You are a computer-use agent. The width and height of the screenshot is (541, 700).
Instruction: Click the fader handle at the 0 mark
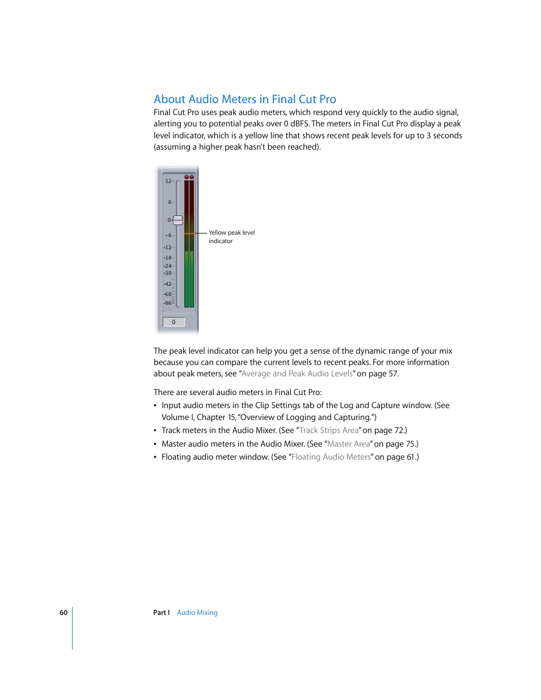178,220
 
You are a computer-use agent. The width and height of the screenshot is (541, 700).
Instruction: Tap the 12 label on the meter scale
168,181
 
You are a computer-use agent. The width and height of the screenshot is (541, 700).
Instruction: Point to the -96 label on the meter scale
167,303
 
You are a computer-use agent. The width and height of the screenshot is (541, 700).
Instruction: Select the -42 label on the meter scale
167,284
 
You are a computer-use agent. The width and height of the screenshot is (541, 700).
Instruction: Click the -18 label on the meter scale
167,258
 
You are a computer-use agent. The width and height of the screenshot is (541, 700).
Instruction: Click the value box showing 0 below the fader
174,322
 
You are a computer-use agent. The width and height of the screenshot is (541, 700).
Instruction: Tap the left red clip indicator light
187,177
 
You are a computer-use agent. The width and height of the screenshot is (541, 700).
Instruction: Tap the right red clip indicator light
192,177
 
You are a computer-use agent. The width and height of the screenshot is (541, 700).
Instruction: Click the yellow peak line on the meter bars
189,233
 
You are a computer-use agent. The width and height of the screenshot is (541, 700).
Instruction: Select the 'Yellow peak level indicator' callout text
231,237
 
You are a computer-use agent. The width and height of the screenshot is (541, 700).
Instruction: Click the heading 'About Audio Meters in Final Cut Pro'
244,99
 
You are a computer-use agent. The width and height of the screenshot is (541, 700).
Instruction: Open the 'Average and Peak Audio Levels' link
297,374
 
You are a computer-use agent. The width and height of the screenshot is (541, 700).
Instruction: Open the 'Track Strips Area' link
329,431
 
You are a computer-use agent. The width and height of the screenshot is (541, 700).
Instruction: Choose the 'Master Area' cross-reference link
348,444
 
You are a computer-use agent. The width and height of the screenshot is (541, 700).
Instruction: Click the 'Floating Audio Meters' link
331,457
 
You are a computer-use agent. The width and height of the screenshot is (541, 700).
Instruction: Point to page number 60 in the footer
64,613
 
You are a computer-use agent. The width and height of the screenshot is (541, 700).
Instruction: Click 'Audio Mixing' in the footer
197,613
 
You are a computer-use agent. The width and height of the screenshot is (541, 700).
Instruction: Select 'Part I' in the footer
161,613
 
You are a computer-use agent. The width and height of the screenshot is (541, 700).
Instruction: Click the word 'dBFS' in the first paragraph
299,124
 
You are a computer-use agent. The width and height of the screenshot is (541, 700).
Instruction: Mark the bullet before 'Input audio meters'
155,406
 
